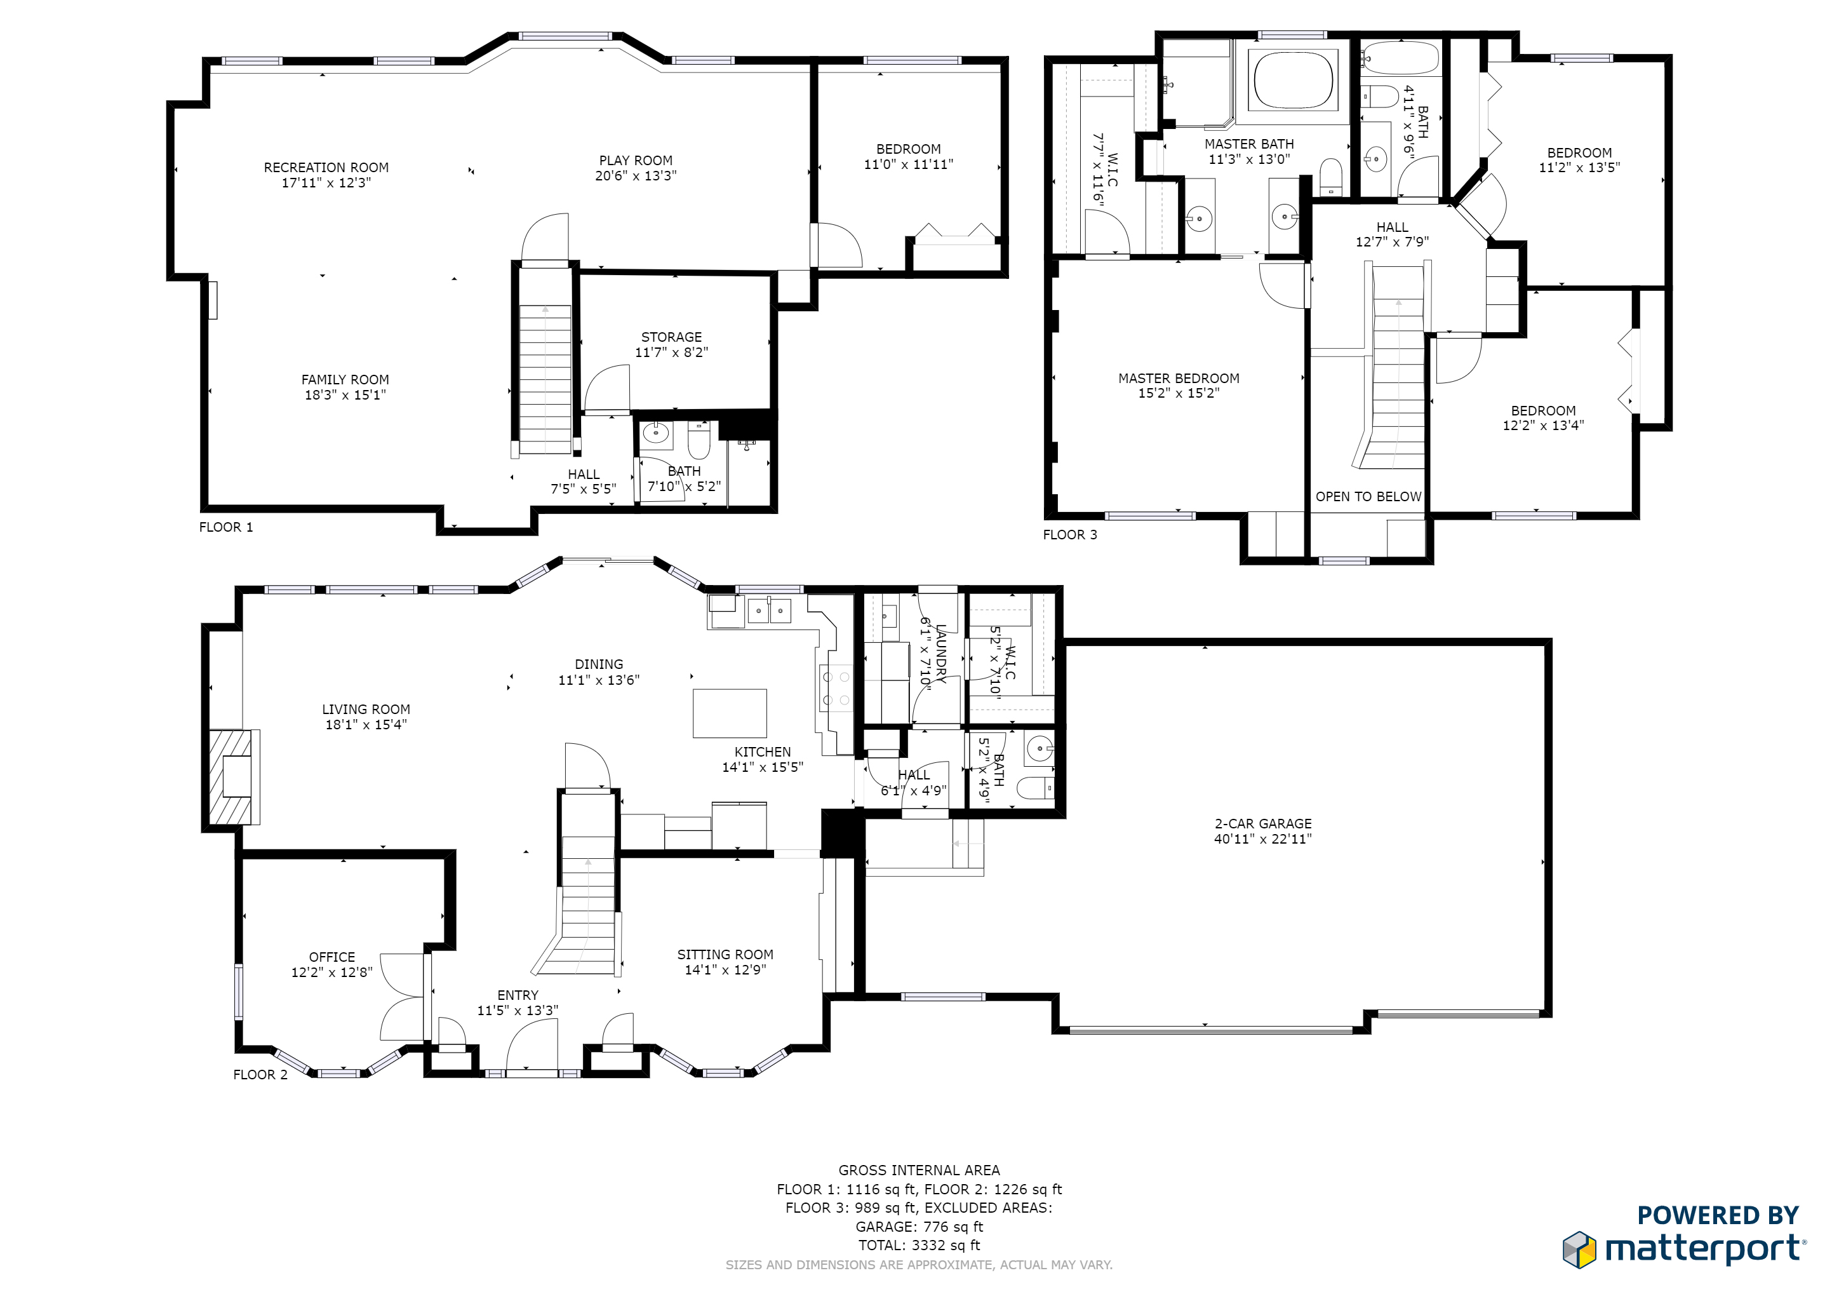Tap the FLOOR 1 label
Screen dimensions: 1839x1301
[226, 527]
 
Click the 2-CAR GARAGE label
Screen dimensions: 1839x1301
[1263, 823]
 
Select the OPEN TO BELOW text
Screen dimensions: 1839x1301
[1368, 497]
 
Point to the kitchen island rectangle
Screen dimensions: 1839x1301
[730, 713]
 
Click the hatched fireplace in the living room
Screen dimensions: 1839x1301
[231, 776]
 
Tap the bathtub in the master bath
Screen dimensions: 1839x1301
[1294, 80]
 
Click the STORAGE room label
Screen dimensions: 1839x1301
[671, 337]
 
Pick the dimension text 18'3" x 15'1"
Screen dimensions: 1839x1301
[345, 395]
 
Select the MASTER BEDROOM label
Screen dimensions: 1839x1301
[1179, 378]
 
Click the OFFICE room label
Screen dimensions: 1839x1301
[332, 957]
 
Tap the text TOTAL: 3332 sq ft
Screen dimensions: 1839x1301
[919, 1245]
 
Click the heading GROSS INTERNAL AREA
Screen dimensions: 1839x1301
[919, 1170]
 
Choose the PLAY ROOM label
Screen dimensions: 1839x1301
[636, 160]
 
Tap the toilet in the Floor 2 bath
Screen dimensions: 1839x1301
[1035, 788]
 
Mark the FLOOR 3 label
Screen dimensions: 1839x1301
[1070, 534]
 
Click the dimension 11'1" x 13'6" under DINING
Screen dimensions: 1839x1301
[599, 680]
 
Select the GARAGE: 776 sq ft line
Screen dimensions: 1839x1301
[919, 1227]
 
